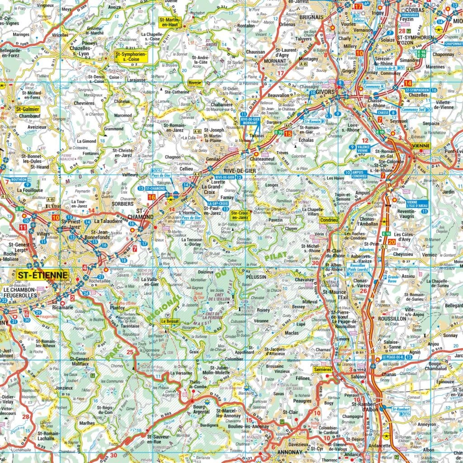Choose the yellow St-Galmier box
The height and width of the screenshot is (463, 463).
[28, 109]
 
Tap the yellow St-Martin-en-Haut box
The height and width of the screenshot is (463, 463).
[170, 23]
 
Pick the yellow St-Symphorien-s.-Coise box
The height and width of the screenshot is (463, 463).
[131, 56]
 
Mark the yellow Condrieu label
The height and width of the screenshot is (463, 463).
[328, 220]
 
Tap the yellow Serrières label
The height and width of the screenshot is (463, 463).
[322, 369]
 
